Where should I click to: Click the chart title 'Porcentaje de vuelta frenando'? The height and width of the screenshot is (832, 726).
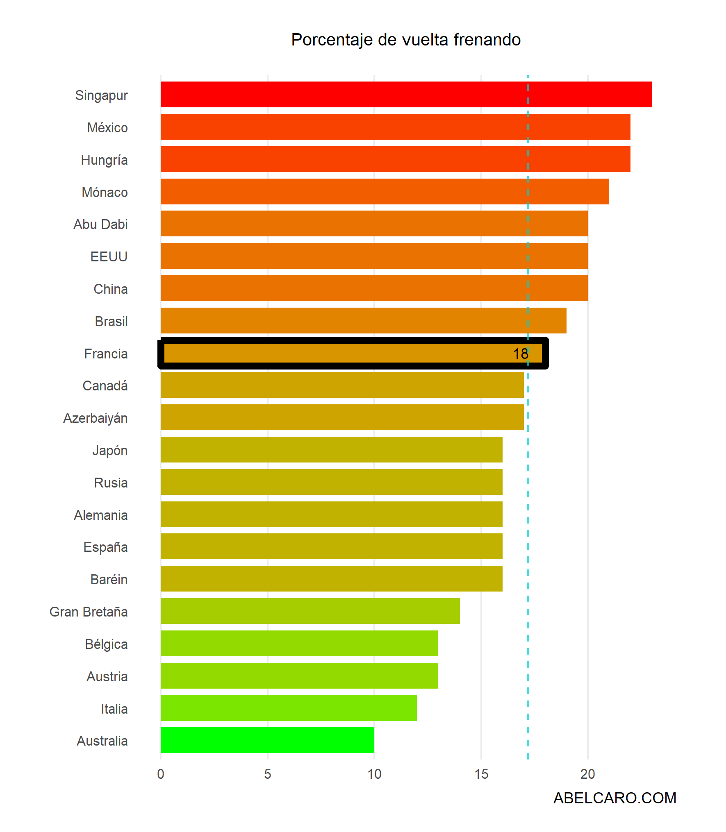(405, 40)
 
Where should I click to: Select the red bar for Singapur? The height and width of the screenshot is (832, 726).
(406, 95)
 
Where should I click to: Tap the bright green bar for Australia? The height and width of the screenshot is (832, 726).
(267, 740)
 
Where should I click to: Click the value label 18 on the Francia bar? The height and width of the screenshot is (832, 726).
(521, 354)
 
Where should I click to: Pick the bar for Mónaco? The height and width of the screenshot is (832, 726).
(385, 191)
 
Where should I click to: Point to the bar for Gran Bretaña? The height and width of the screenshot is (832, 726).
(310, 611)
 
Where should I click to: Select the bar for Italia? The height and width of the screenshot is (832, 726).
(289, 708)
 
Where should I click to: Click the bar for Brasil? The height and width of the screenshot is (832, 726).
(363, 321)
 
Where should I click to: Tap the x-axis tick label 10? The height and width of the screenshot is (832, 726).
(374, 774)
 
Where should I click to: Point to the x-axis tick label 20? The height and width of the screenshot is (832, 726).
(587, 774)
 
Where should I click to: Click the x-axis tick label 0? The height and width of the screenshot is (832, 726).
(161, 774)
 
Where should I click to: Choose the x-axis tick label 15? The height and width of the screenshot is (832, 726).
(481, 774)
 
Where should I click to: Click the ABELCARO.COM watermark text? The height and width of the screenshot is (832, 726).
(614, 798)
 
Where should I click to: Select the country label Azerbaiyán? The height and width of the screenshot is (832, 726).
(96, 418)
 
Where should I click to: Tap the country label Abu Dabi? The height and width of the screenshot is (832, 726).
(100, 224)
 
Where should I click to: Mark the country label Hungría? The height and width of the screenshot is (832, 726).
(104, 160)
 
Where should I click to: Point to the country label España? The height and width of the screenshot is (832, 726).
(105, 547)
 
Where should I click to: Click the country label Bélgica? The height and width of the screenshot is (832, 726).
(106, 644)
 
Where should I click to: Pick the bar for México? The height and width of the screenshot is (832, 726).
(395, 127)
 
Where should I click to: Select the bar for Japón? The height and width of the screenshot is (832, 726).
(331, 449)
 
